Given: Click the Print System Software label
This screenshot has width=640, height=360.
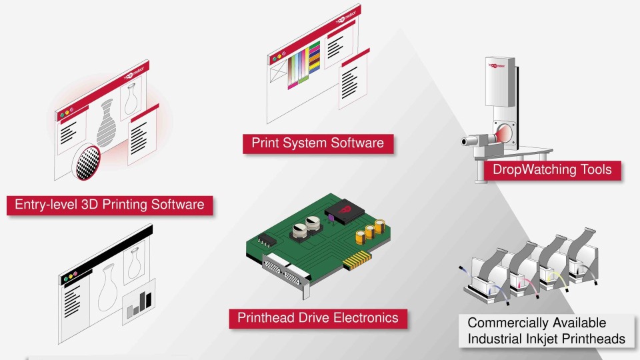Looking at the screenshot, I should (317, 143).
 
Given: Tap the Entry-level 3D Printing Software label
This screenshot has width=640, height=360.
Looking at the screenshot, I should (109, 205).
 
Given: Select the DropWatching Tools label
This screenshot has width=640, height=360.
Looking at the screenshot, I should (551, 169).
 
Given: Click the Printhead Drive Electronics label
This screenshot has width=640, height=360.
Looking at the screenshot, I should (317, 318).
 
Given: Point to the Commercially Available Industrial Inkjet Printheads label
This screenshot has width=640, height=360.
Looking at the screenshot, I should (546, 331).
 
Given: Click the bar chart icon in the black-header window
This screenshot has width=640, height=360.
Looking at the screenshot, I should (139, 303).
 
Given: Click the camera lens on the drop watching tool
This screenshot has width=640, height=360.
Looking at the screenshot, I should (469, 141).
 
